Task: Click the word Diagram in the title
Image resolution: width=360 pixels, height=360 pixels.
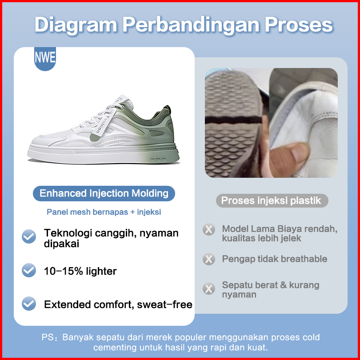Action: [76, 25]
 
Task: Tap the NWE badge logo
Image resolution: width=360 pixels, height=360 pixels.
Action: [45, 59]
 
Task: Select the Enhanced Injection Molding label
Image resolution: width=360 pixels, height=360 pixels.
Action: [104, 193]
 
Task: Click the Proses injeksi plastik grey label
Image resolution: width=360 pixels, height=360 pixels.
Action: [272, 200]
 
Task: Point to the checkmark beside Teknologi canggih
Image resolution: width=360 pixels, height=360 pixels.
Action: [29, 236]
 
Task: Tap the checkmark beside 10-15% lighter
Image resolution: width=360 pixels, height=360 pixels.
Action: [29, 270]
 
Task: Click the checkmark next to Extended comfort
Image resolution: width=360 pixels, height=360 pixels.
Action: [29, 304]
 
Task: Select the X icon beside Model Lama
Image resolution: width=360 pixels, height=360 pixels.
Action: [209, 229]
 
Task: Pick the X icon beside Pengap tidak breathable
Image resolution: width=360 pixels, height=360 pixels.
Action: [209, 259]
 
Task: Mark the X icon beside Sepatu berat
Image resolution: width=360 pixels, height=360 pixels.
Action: [209, 288]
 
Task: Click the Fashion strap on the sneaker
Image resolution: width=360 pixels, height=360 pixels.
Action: [103, 124]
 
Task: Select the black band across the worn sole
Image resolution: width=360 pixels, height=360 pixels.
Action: [233, 120]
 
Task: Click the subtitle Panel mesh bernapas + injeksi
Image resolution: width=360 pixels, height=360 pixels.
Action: [104, 212]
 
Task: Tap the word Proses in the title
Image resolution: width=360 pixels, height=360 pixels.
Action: [299, 25]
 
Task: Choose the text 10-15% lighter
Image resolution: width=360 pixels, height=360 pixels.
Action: [80, 271]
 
